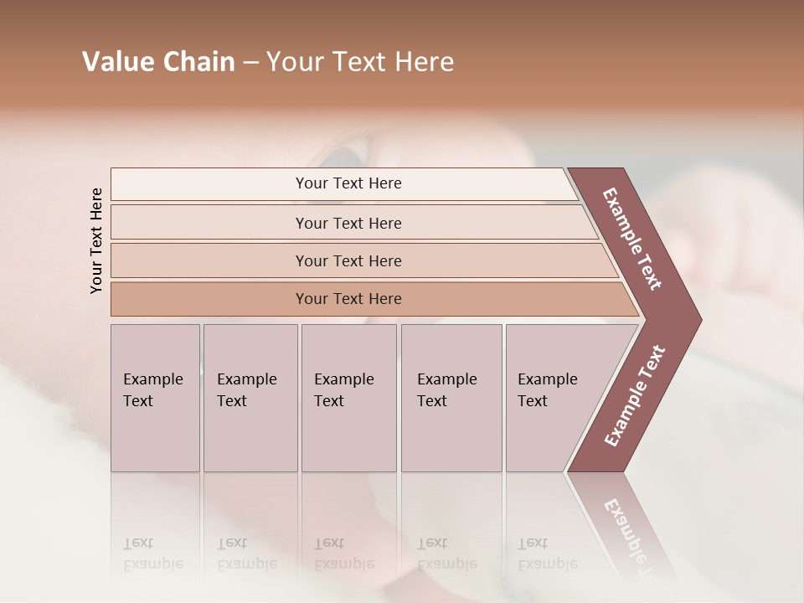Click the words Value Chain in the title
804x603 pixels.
(158, 62)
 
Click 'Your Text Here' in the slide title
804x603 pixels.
(360, 62)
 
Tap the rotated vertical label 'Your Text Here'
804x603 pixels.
(96, 240)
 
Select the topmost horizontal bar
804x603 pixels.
(209, 184)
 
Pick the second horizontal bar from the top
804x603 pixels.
(209, 223)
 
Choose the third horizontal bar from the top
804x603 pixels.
(209, 260)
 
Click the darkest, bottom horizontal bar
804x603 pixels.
(209, 299)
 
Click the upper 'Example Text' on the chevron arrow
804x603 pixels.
(632, 239)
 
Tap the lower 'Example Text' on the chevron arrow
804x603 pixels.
(635, 396)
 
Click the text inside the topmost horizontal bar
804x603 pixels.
(348, 183)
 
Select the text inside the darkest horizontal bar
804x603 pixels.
(348, 299)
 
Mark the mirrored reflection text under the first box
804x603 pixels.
(153, 554)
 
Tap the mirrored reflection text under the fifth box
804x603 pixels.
(548, 554)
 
